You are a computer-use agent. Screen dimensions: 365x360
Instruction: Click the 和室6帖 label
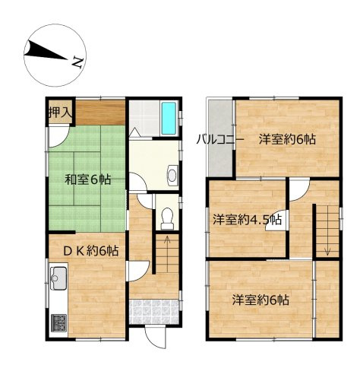pyautogui.click(x=87, y=180)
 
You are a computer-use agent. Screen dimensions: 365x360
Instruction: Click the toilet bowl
pyautogui.click(x=167, y=219)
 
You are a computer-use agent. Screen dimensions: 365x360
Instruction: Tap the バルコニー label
pyautogui.click(x=219, y=139)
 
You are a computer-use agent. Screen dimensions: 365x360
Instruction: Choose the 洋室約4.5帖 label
pyautogui.click(x=247, y=221)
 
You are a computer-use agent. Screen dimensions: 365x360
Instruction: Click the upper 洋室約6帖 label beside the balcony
pyautogui.click(x=286, y=139)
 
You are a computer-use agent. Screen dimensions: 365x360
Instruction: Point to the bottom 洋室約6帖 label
pyautogui.click(x=261, y=300)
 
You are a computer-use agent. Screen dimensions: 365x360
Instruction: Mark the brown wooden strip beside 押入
pyautogui.click(x=99, y=112)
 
